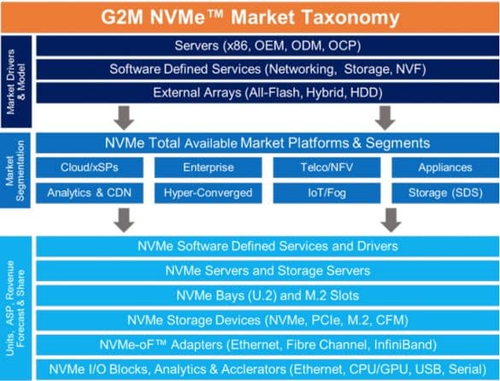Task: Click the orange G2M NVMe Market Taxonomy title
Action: click(x=250, y=17)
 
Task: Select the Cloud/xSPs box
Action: click(x=90, y=167)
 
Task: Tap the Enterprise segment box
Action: click(x=209, y=167)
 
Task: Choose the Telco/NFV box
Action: click(x=326, y=167)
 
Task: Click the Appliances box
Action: click(x=445, y=167)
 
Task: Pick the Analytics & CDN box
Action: click(x=90, y=193)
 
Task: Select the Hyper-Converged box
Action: click(x=209, y=193)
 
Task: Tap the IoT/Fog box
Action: click(x=326, y=193)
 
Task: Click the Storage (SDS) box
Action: click(x=445, y=193)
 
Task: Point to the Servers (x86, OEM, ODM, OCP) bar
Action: click(x=268, y=46)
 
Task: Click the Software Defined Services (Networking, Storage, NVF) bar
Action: click(x=268, y=69)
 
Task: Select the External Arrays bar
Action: click(x=268, y=93)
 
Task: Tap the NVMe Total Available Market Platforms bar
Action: click(x=268, y=143)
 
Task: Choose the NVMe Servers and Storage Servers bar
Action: click(x=268, y=271)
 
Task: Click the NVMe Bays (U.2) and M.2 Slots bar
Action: click(x=268, y=296)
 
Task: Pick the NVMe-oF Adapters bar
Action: click(x=268, y=344)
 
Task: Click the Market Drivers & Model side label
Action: click(x=16, y=82)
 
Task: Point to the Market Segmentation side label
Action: click(x=15, y=171)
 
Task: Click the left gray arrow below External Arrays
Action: click(x=124, y=118)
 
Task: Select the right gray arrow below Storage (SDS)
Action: click(x=391, y=220)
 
